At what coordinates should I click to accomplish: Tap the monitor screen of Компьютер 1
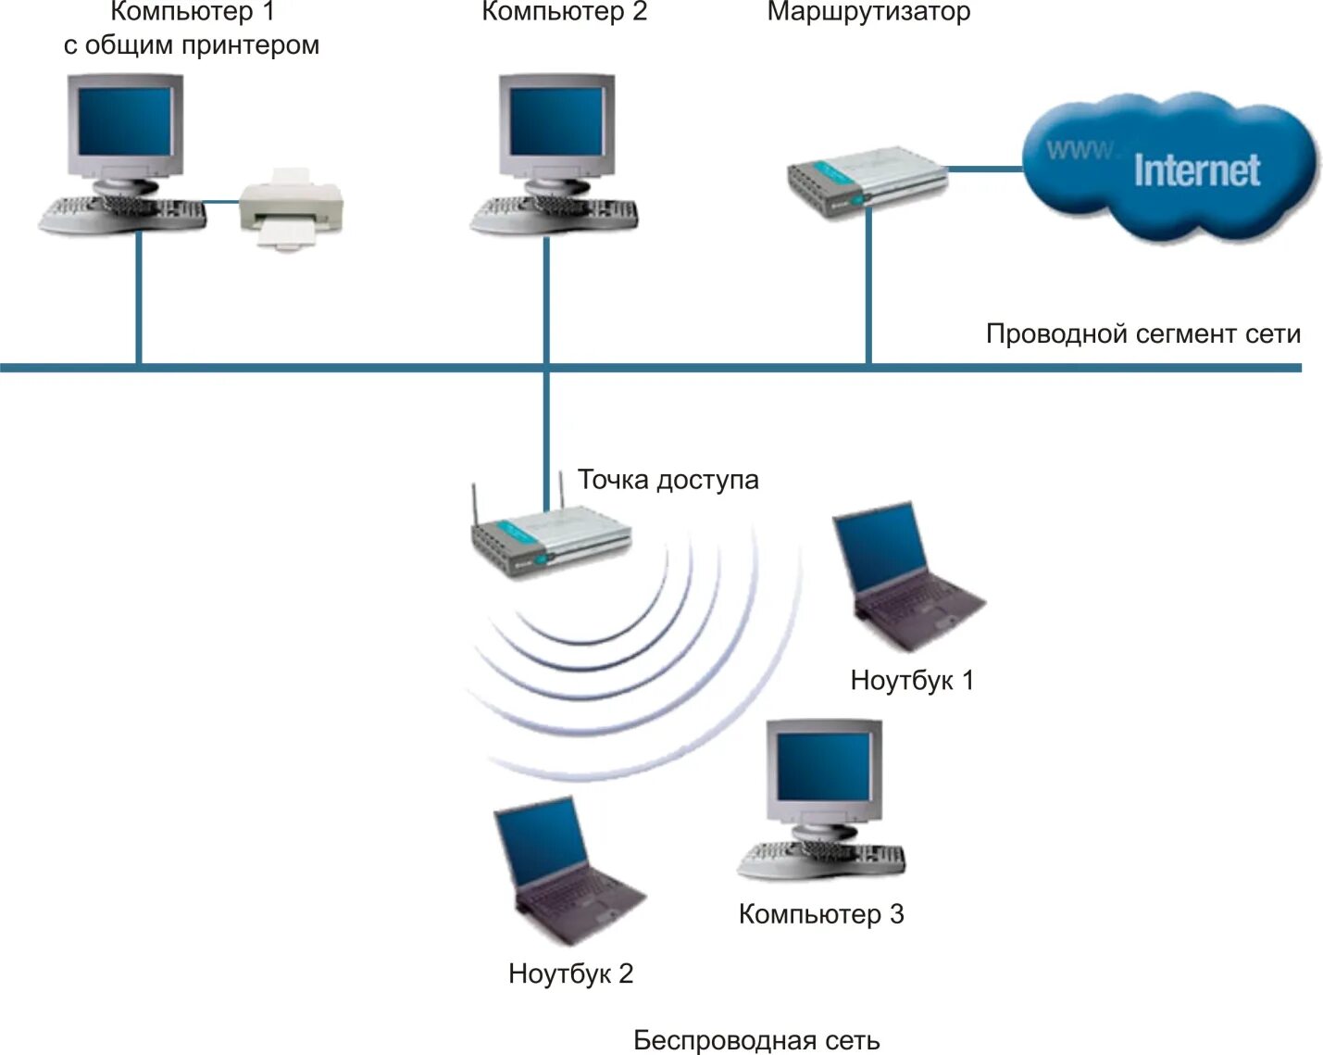tap(125, 122)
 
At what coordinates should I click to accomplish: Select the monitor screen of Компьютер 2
tap(557, 122)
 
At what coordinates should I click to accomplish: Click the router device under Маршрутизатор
tap(866, 180)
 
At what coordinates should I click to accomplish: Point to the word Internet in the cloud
tap(1196, 171)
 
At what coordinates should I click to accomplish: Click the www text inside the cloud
tap(1080, 149)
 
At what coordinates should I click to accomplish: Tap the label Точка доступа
tap(668, 480)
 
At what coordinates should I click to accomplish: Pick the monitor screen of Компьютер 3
tap(823, 768)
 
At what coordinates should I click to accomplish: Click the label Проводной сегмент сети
tap(1142, 334)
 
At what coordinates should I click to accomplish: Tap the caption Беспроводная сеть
tap(756, 1040)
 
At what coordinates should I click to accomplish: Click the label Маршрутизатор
tap(868, 12)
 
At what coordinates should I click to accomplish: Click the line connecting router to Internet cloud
tap(984, 170)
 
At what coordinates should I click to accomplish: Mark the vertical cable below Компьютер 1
tap(139, 296)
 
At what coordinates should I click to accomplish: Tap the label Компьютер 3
tap(820, 914)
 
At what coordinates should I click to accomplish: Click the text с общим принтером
tap(192, 45)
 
